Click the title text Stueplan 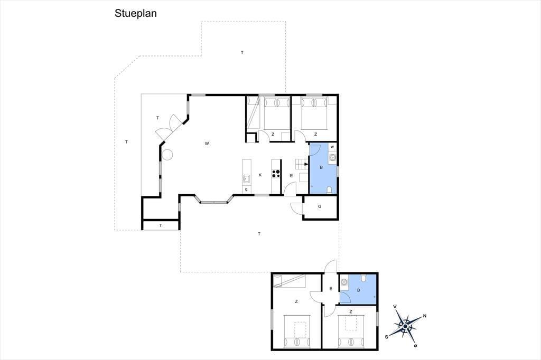pos(136,13)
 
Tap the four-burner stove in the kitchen pos(276,174)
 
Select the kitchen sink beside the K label pos(246,178)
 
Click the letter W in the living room pos(207,144)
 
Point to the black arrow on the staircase pos(306,164)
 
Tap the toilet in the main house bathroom pos(329,190)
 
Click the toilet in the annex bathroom pos(363,278)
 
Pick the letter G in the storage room pos(320,206)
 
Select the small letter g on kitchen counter pos(246,190)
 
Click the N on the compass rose pos(425,316)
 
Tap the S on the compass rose pos(387,337)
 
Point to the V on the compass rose pos(395,307)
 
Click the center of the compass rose pos(405,326)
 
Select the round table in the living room pos(167,155)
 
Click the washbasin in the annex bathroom pos(344,282)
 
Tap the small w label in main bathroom pos(332,147)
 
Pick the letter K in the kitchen pos(260,175)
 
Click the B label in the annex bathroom pos(359,290)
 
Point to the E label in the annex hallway pos(331,289)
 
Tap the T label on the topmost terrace pos(242,53)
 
